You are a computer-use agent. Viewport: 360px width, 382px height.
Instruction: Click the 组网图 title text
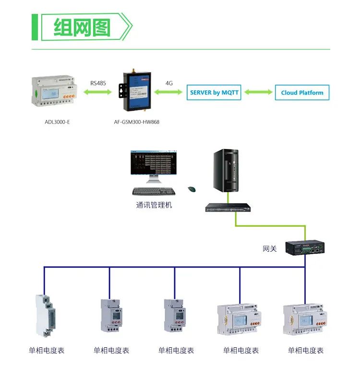(82, 27)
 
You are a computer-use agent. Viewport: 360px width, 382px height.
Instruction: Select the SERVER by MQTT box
(213, 92)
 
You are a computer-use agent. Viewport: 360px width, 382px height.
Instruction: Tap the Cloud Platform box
(302, 93)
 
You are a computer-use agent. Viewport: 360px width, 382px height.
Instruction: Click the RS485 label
(98, 83)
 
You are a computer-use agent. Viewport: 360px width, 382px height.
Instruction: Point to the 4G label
(169, 83)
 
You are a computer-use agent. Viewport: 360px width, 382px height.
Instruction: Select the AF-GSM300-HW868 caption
(137, 122)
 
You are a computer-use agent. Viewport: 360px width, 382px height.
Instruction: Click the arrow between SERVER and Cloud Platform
(257, 92)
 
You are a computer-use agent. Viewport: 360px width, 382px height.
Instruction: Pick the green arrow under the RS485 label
(98, 93)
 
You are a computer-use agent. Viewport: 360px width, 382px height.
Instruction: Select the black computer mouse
(192, 189)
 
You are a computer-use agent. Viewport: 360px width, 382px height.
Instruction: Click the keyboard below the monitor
(154, 191)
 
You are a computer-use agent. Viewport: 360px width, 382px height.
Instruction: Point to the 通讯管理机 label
(154, 205)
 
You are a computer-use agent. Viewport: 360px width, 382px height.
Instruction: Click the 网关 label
(270, 249)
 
